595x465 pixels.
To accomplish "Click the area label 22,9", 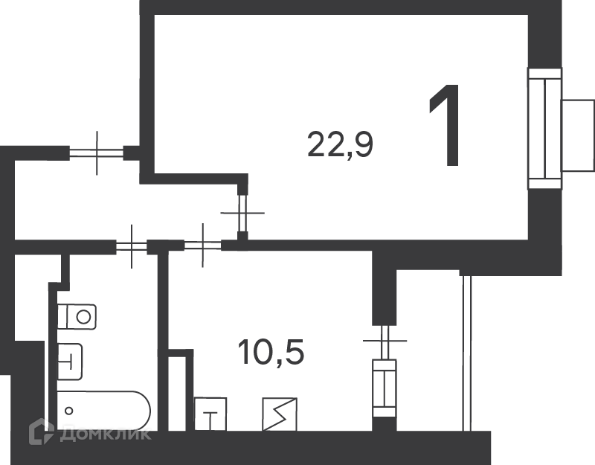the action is [341, 144].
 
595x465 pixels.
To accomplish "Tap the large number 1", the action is [446, 126].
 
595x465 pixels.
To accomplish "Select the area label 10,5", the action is [271, 352].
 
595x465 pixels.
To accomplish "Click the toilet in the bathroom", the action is [77, 317].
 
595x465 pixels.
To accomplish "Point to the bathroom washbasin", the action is [70, 362].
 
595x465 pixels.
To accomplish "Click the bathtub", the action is [103, 411].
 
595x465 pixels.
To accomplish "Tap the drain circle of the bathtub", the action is [68, 411].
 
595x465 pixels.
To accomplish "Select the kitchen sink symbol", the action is [210, 414].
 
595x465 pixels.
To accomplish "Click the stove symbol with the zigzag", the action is [280, 414].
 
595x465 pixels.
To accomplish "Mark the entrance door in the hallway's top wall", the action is [97, 153].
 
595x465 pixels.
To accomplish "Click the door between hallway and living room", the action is [243, 213].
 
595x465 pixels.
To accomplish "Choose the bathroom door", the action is [132, 246].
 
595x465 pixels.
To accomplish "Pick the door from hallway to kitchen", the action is [203, 246].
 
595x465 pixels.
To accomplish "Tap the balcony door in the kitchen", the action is [385, 341].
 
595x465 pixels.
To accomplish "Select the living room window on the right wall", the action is [545, 129].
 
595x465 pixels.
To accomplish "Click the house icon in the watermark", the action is [42, 432].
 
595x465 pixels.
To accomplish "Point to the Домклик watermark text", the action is [105, 434].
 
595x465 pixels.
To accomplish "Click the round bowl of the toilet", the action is [83, 317].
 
